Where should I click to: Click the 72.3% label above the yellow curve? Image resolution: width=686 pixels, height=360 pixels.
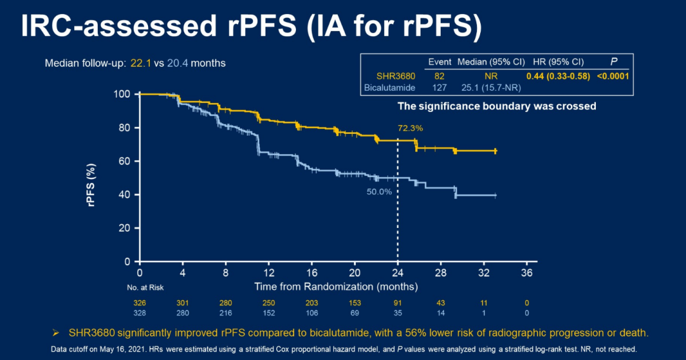(x=410, y=128)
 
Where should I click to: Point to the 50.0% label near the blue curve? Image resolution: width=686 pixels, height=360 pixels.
(x=379, y=191)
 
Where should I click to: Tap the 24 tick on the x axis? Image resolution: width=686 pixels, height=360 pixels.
(x=398, y=272)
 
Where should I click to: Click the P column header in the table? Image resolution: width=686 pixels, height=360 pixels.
(x=614, y=62)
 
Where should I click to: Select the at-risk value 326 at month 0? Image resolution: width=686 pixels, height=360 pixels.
(x=139, y=303)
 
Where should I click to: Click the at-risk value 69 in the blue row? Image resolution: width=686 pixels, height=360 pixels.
(x=354, y=313)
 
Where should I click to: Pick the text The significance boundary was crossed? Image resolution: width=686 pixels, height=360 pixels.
(x=497, y=106)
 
